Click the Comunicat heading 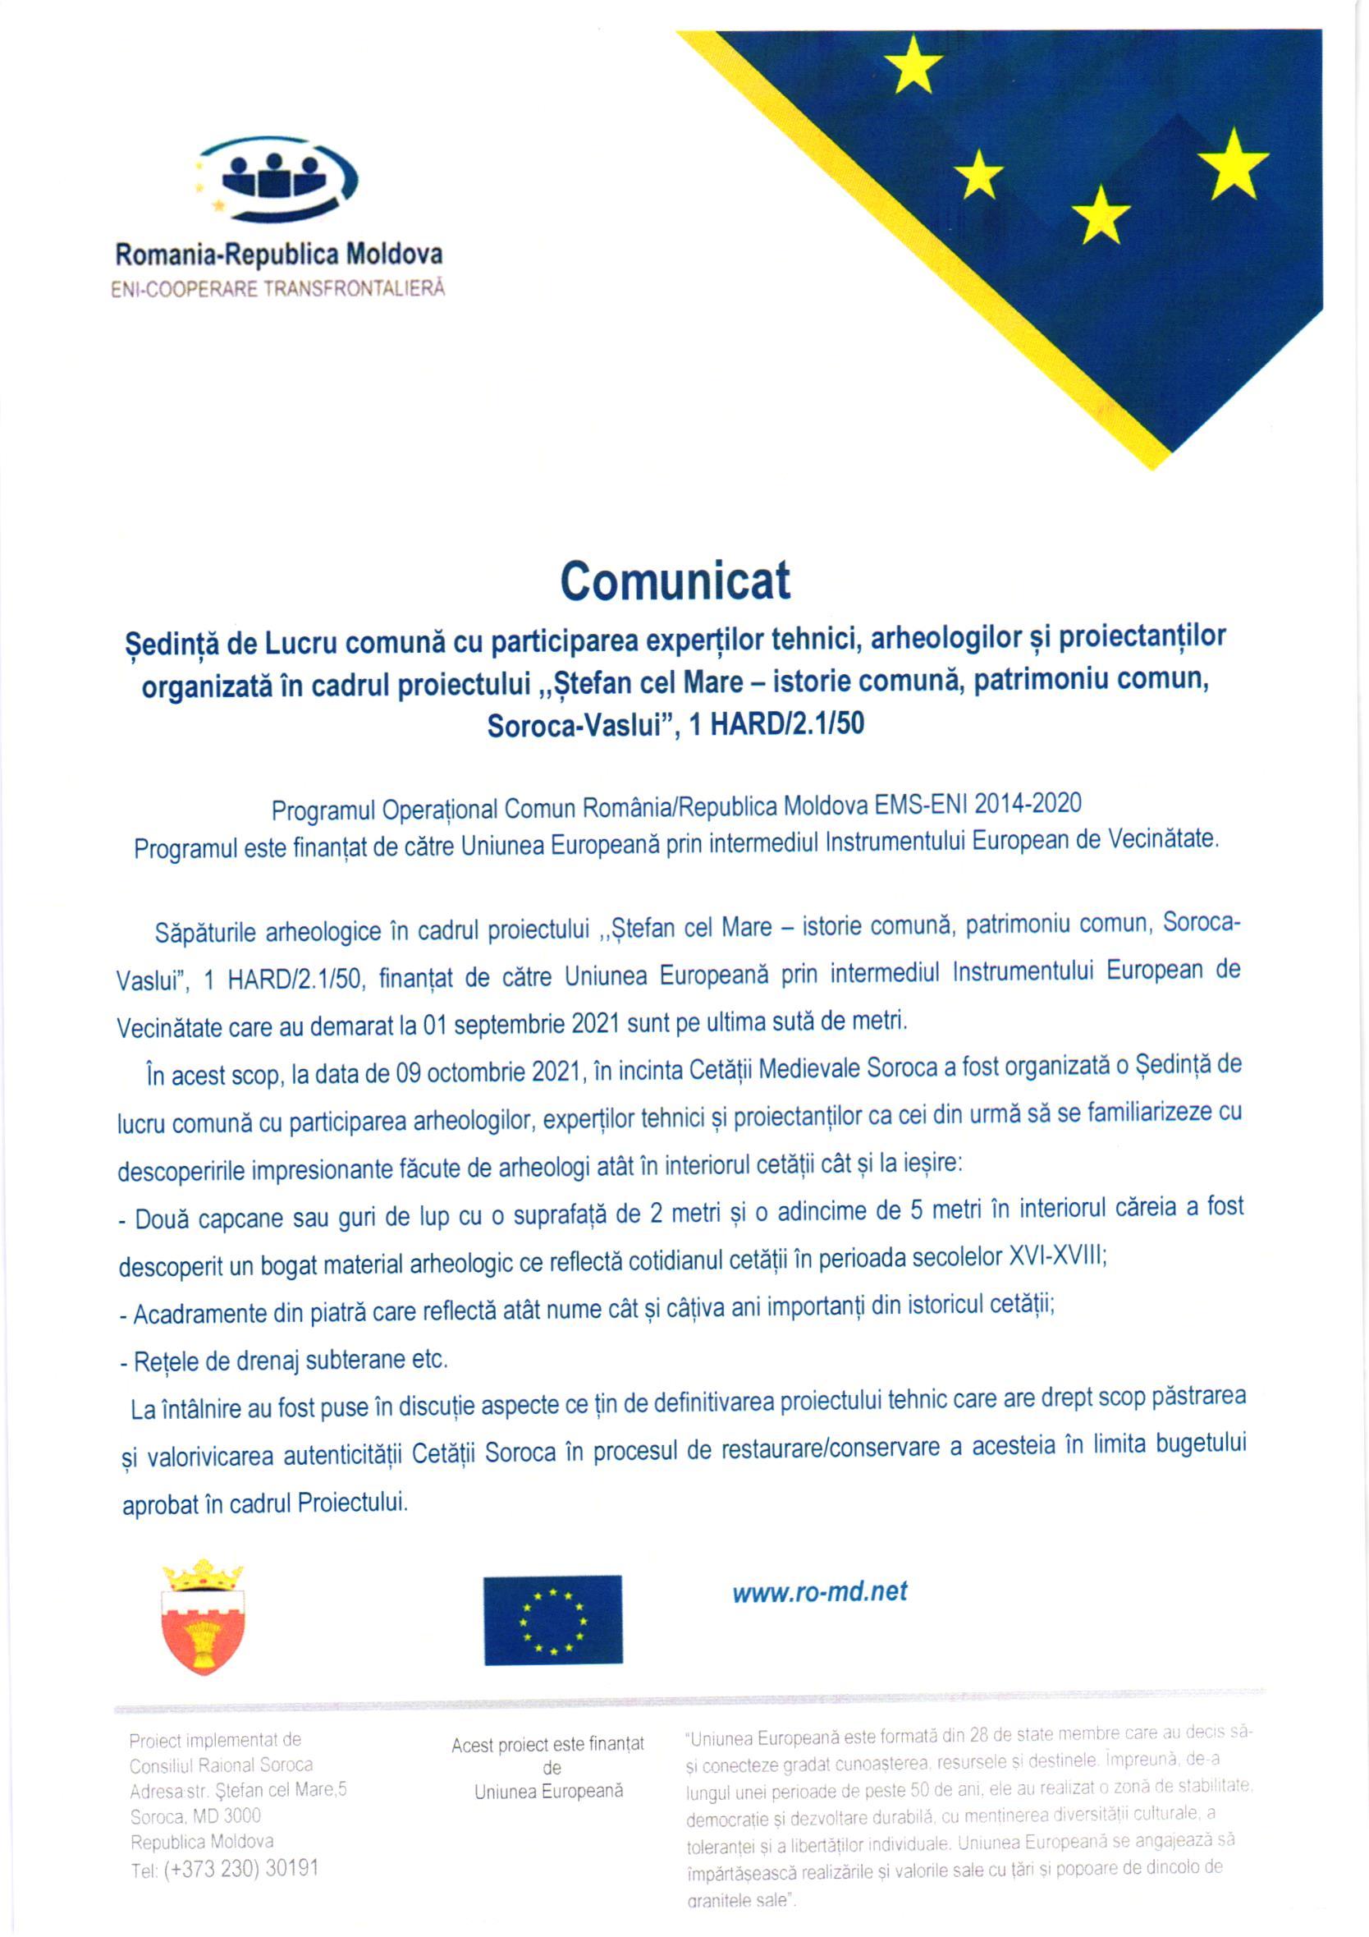pos(675,581)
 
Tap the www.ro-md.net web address pos(819,1592)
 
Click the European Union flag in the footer pos(552,1620)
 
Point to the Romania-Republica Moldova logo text pos(278,255)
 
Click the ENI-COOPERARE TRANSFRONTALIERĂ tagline pos(277,288)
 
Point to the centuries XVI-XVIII pos(1057,1257)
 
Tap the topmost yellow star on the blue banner pos(913,67)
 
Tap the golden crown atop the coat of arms pos(203,1574)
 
